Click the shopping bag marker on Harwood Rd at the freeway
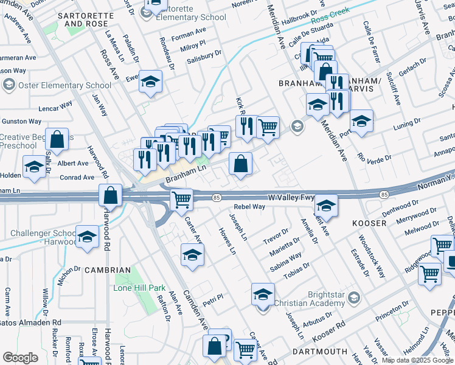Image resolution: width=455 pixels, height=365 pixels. [111, 196]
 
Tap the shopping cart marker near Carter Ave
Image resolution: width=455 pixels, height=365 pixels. [181, 200]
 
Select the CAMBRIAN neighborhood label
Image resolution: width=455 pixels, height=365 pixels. [108, 269]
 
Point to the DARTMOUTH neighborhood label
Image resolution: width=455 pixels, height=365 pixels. [320, 352]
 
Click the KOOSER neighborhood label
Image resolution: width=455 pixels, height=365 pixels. [369, 223]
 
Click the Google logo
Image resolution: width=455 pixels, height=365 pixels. [20, 358]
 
